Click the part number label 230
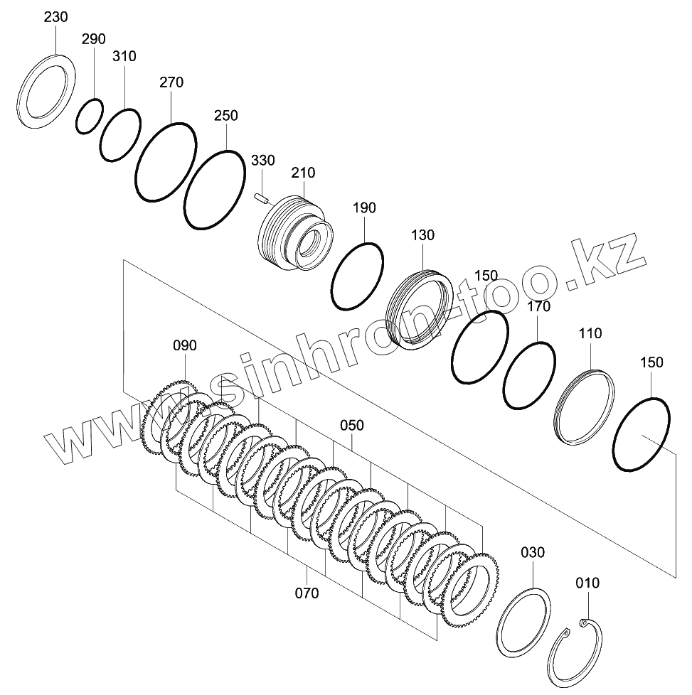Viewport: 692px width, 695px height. (56, 17)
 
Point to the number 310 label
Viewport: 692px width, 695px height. (124, 57)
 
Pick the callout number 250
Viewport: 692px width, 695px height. (225, 116)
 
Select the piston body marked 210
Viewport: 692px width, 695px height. (294, 227)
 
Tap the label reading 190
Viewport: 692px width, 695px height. (364, 208)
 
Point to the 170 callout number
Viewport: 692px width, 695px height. (538, 307)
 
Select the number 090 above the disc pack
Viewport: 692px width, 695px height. (185, 346)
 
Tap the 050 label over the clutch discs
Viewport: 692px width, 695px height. (351, 426)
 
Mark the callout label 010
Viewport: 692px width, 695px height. (587, 583)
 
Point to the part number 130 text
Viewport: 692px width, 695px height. (422, 235)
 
